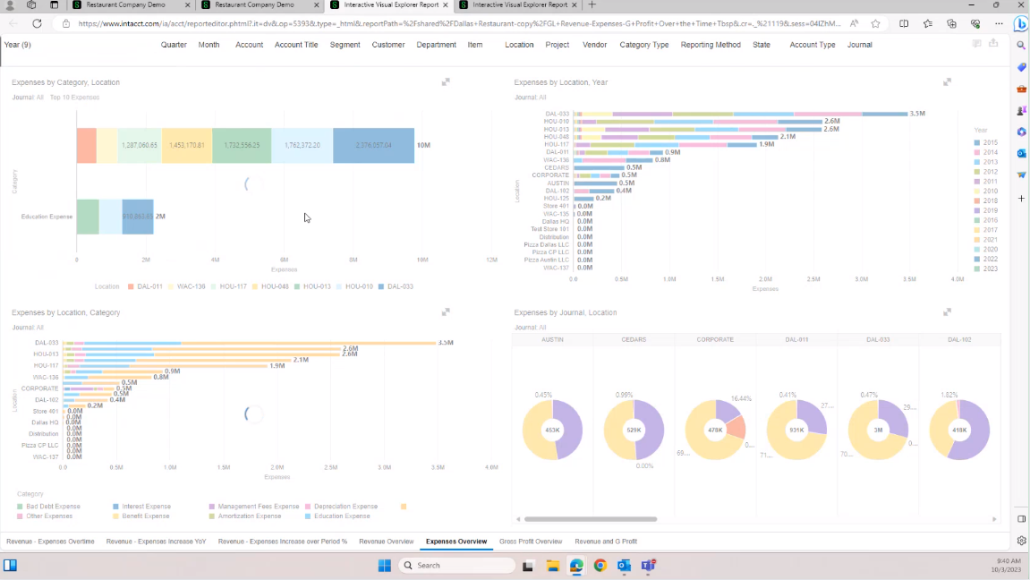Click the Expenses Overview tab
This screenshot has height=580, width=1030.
coord(456,542)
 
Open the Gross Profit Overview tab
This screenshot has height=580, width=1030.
coord(531,542)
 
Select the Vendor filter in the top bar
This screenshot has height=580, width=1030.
coord(594,45)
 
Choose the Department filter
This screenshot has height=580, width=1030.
coord(436,45)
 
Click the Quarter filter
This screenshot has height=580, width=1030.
coord(174,45)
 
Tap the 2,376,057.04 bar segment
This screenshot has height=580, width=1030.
coord(373,145)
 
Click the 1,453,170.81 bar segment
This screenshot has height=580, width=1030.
coord(187,145)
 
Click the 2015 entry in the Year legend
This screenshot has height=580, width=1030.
coord(990,142)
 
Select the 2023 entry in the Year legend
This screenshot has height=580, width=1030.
coord(990,269)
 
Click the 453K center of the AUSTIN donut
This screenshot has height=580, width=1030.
coord(552,431)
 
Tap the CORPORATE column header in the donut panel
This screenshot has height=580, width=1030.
coord(715,340)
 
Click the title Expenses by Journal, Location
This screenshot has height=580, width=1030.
coord(565,312)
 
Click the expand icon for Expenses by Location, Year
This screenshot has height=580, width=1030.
coord(947,82)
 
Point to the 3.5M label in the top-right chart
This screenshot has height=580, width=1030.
coord(917,114)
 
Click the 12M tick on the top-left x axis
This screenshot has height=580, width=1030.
coord(491,260)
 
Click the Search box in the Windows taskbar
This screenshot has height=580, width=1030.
coord(456,566)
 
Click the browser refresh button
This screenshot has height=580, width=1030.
coord(37,23)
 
